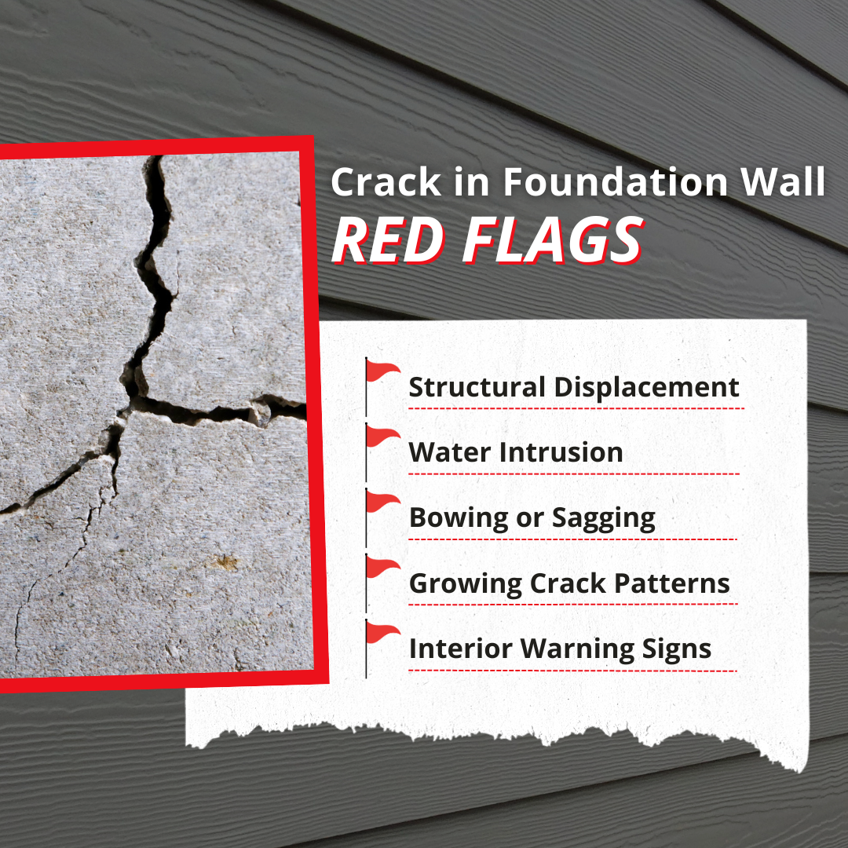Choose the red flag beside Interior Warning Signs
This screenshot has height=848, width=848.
coord(383,633)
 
